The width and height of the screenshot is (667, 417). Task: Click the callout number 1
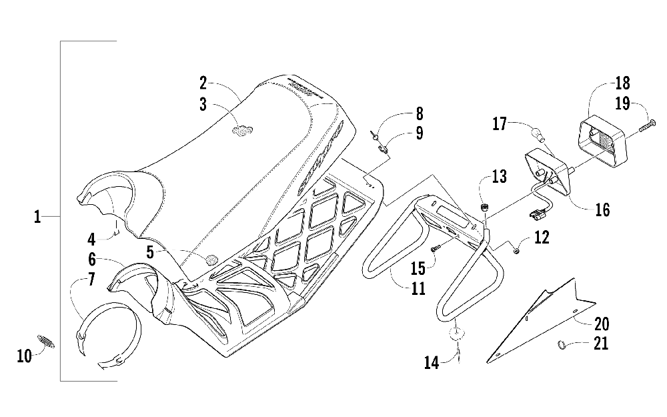[38, 217]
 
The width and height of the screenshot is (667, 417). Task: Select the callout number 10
[24, 356]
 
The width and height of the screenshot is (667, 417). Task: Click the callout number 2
[203, 83]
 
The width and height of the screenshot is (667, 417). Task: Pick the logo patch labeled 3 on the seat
[241, 131]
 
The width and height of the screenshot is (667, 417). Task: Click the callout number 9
[418, 133]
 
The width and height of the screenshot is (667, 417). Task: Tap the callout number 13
[500, 177]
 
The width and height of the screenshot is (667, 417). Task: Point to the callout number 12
[542, 237]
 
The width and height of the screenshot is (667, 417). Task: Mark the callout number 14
[432, 363]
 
